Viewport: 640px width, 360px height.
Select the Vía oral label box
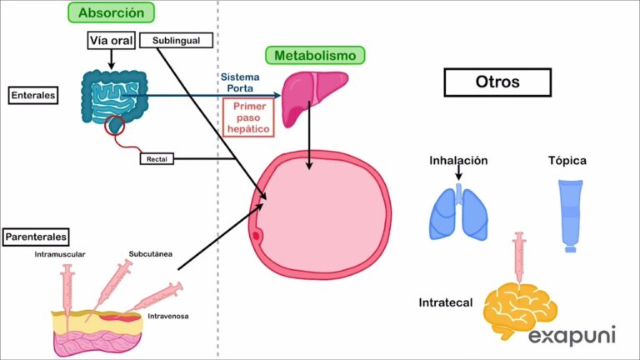111,41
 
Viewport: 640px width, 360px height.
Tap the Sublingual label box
177,40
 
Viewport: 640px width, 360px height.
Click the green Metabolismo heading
315,56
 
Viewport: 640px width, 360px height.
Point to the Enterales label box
33,96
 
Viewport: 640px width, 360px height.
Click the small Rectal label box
156,158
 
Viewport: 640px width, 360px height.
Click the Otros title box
497,82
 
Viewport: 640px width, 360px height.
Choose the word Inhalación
458,160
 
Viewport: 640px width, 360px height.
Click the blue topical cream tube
569,215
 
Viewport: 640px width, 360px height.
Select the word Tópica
567,160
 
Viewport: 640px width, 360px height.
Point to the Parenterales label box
35,237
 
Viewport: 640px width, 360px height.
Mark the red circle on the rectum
115,125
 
